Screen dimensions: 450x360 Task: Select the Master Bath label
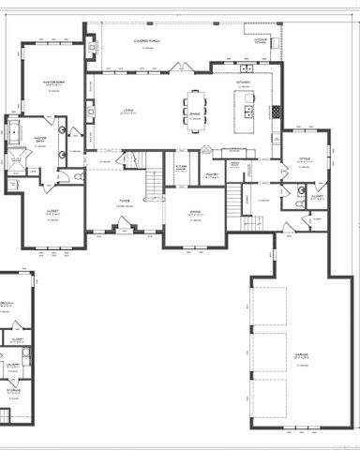(x=40, y=140)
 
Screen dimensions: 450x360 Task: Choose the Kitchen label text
(x=243, y=82)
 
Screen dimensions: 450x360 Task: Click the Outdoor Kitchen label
(x=262, y=40)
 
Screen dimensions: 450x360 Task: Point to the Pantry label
(x=212, y=173)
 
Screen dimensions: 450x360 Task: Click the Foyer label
(x=124, y=198)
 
